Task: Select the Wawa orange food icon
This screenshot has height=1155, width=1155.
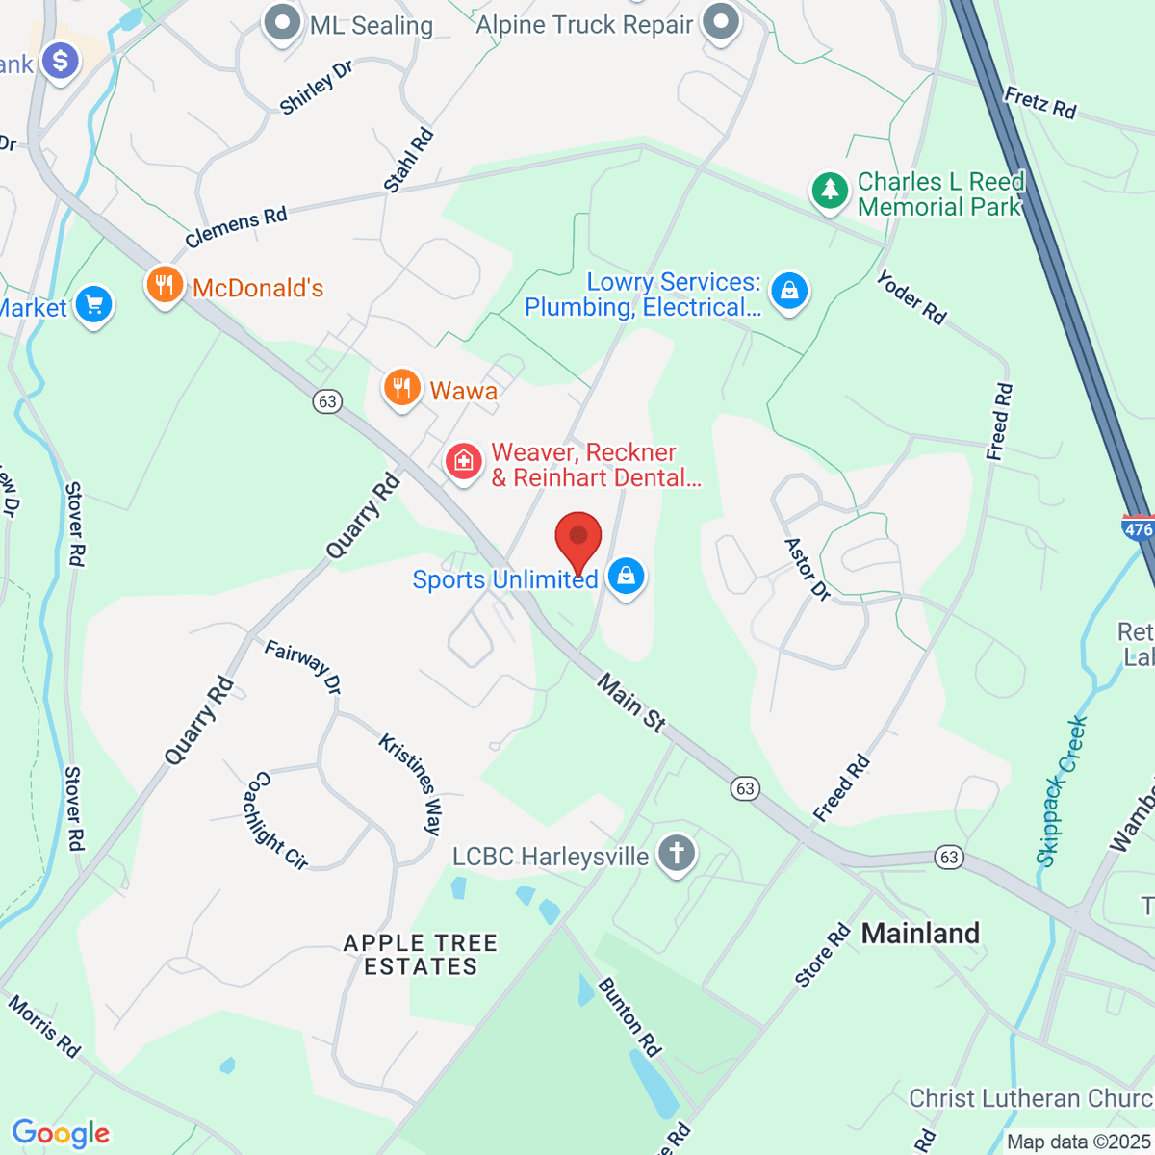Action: [401, 389]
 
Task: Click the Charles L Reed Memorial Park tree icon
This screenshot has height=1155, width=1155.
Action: [830, 192]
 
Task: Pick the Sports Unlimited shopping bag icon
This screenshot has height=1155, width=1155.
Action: [627, 577]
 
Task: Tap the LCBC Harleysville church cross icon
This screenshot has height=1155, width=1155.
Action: [677, 854]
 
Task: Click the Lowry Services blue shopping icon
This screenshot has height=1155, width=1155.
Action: [789, 291]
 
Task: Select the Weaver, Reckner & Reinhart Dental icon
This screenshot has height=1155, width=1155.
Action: [463, 462]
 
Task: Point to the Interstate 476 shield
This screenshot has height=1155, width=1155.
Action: [1138, 529]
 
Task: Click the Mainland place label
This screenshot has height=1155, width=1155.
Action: [920, 933]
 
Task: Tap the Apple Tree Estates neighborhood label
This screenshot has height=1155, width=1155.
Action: [421, 955]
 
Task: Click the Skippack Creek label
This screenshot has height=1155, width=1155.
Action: [1063, 791]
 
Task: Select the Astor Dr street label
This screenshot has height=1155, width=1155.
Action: [808, 569]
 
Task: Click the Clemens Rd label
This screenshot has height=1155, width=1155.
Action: [236, 227]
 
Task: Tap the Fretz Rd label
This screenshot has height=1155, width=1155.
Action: [1039, 103]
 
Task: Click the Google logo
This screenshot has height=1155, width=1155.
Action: [61, 1133]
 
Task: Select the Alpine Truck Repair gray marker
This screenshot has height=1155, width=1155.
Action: [720, 22]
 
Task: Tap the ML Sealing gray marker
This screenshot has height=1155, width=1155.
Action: [282, 23]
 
